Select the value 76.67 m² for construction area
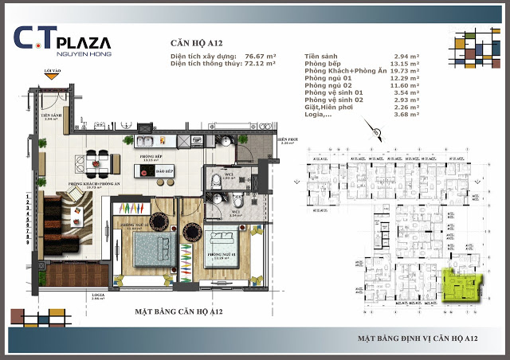click(x=260, y=57)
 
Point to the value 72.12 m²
click(x=260, y=65)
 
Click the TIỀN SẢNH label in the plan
click(x=53, y=115)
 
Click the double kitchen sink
click(x=148, y=141)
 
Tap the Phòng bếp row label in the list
click(x=325, y=64)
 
